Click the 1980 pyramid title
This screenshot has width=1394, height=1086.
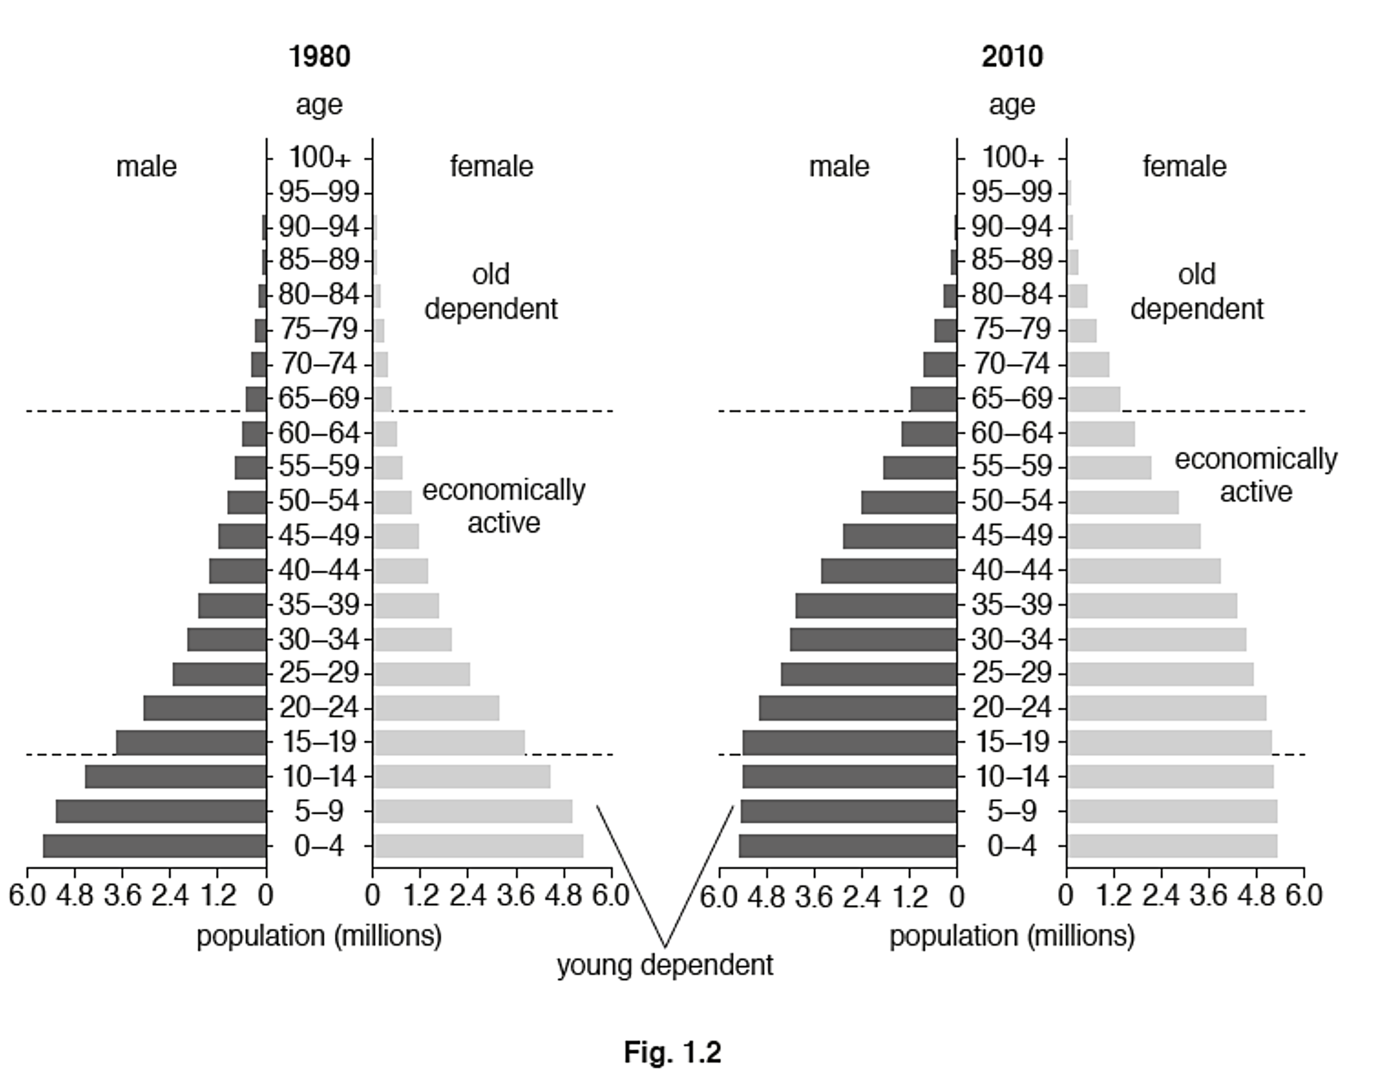coord(319,57)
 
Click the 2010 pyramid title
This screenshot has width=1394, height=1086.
coord(1012,57)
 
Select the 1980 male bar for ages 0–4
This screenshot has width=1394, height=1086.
coord(154,846)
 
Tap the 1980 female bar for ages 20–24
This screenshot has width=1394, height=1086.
coord(437,708)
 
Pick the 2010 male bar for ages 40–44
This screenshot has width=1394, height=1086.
coord(888,571)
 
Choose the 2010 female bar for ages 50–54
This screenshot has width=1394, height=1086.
coord(1124,502)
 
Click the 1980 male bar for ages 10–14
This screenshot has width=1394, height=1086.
coord(176,777)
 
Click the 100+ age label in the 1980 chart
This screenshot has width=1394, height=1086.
coord(319,157)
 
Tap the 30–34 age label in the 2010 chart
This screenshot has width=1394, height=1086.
coord(1012,639)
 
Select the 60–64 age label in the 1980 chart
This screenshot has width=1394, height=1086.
coord(319,433)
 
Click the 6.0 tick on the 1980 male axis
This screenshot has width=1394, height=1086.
coord(27,896)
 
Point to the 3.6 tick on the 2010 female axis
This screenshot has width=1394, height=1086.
coord(1208,896)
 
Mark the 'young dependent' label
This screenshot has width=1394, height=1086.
coord(664,965)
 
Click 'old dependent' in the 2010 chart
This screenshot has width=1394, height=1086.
coord(1197,292)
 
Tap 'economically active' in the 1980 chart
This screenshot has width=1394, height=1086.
coord(504,506)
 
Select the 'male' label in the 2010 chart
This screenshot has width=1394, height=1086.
coord(839,167)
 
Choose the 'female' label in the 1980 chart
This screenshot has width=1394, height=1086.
coord(492,167)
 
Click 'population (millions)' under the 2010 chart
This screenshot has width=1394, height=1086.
coord(1012,937)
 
